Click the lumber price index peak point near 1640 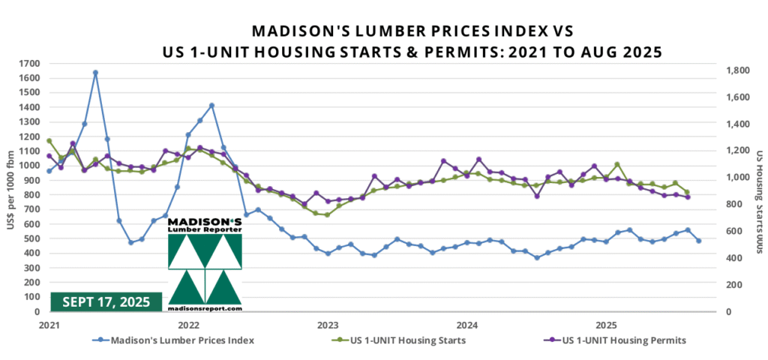(x=96, y=73)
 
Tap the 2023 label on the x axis (x=328, y=325)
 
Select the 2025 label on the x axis (x=606, y=325)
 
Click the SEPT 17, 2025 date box (x=106, y=301)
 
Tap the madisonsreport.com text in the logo (x=205, y=307)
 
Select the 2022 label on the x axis (x=188, y=325)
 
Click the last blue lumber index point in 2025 (x=698, y=241)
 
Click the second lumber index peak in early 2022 (x=212, y=105)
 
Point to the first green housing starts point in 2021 (x=49, y=140)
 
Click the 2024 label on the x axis (x=467, y=325)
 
